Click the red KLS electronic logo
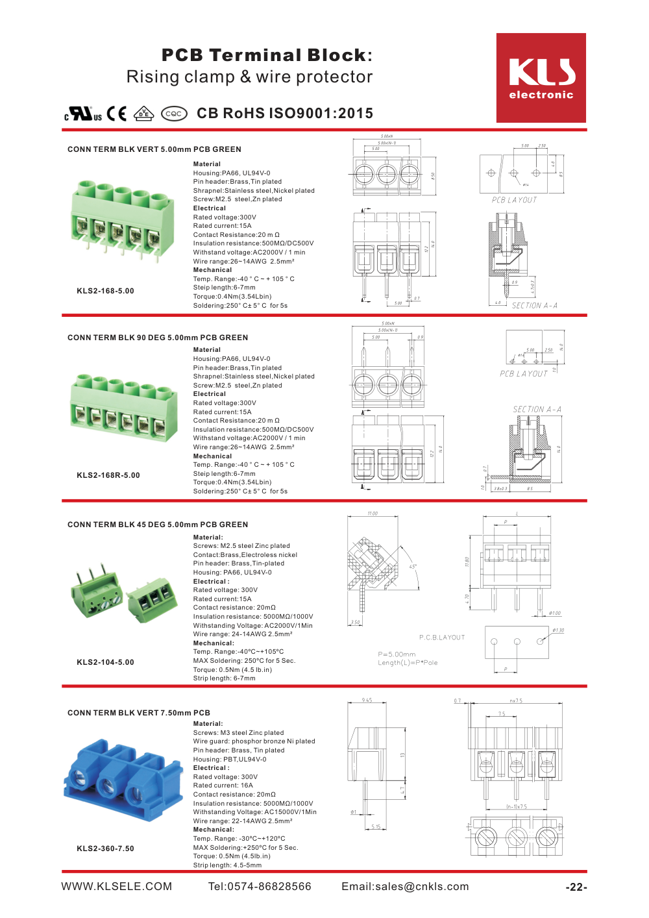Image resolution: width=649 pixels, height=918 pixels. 541,78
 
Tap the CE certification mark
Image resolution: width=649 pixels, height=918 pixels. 117,114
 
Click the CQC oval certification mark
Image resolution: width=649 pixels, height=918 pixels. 173,114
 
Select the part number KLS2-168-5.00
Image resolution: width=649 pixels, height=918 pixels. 105,291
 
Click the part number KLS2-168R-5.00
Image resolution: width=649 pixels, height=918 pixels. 108,475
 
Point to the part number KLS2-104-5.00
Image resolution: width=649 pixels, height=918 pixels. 105,662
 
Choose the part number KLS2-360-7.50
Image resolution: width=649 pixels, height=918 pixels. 105,849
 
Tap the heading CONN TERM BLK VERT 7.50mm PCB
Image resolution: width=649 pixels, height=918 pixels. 139,713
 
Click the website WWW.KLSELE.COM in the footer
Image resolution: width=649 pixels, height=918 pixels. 117,887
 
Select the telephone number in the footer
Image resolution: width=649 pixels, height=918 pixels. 260,887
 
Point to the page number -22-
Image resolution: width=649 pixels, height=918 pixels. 576,887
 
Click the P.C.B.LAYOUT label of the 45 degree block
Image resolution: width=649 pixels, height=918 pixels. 442,638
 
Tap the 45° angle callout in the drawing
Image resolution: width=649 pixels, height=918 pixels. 413,567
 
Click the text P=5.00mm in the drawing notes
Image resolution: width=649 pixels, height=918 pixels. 397,654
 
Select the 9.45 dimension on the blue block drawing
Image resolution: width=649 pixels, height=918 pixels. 367,701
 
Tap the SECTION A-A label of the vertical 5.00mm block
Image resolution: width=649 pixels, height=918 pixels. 534,306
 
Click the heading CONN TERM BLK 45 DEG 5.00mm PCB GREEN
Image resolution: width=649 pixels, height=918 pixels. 158,525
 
